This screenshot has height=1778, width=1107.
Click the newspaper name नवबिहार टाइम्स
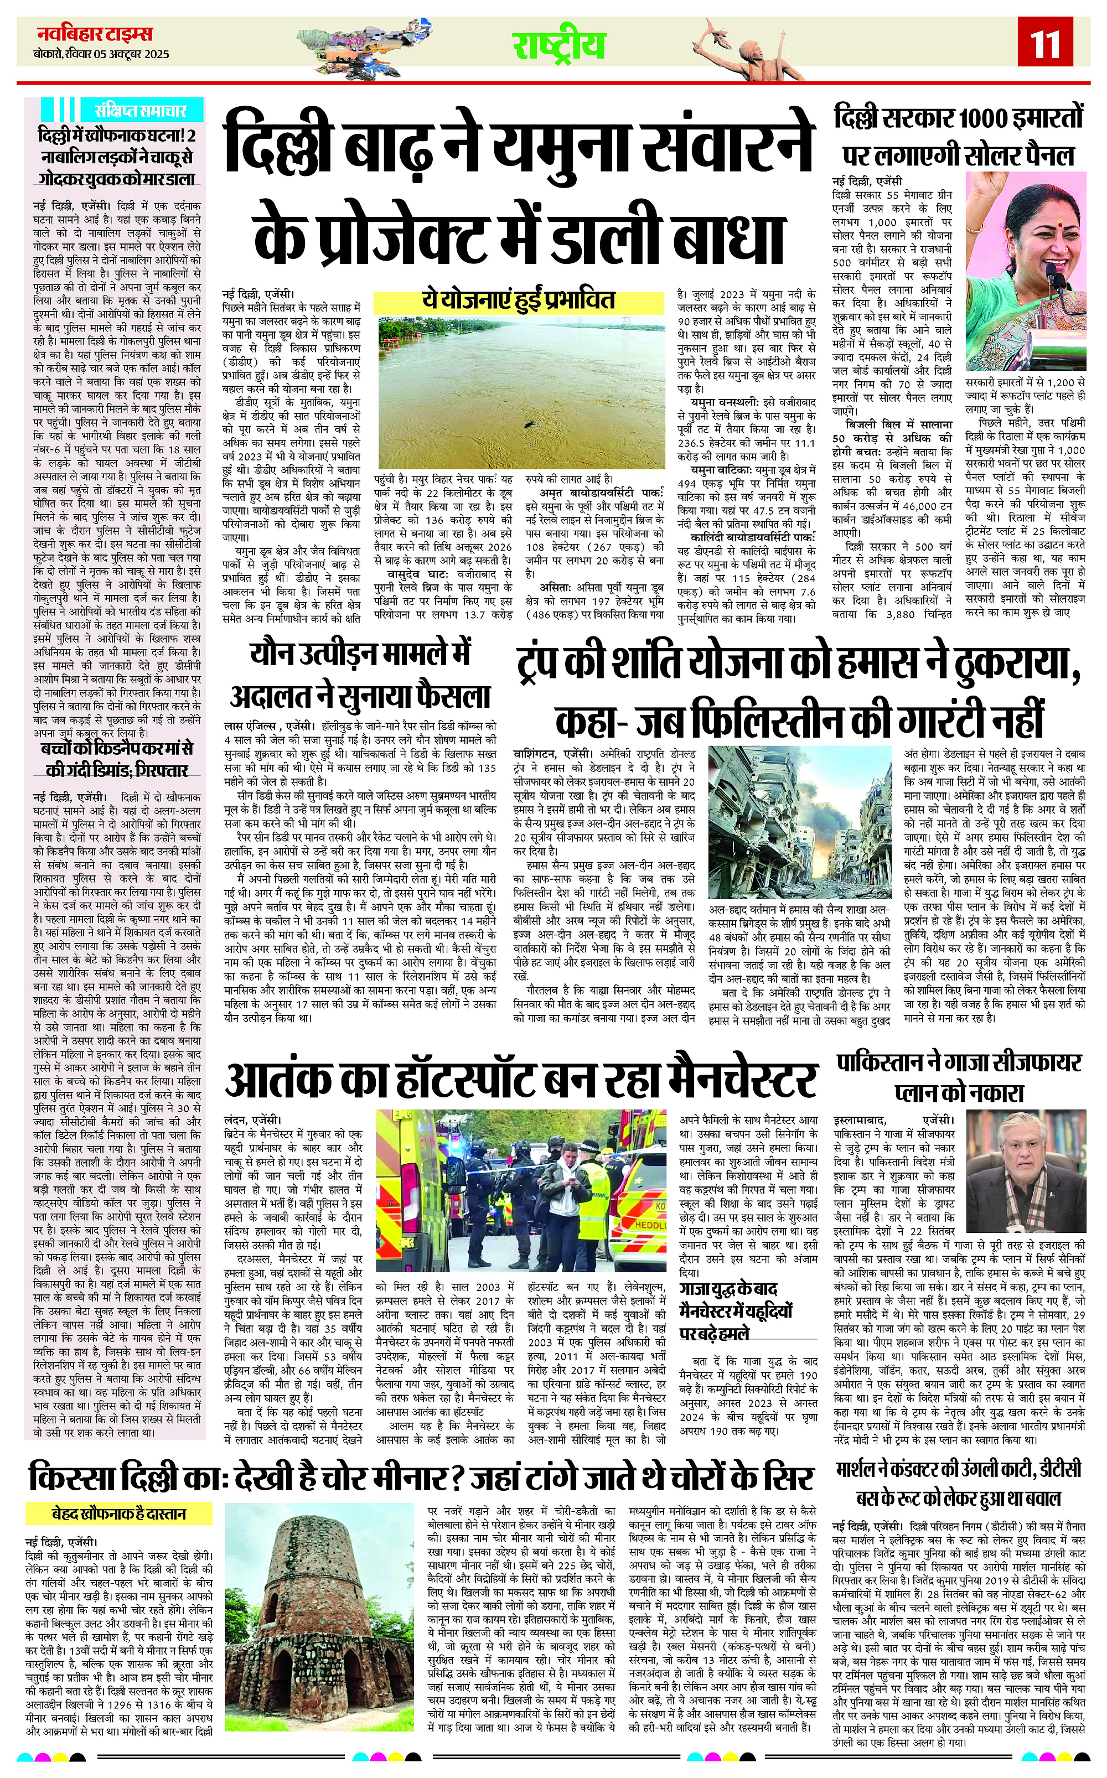(x=95, y=34)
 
